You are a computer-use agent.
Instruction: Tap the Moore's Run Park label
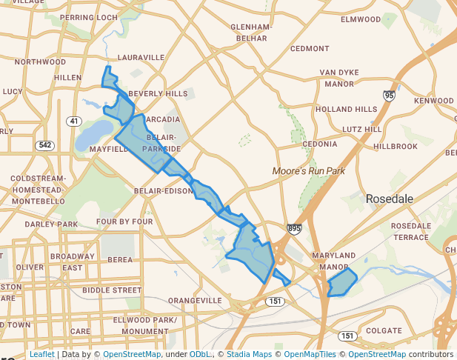point(309,171)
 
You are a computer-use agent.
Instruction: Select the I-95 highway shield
point(389,96)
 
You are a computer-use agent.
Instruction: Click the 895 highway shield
point(295,230)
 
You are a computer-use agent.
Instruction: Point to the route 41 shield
point(73,121)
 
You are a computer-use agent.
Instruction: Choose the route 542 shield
point(45,145)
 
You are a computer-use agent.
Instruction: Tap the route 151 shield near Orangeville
point(275,301)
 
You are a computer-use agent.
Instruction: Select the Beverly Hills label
point(158,94)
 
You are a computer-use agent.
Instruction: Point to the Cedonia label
point(320,144)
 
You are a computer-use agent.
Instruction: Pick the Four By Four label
point(124,221)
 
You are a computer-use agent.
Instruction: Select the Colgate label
point(383,330)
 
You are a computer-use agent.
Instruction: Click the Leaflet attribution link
point(42,354)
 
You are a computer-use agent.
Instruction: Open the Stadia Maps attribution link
point(250,354)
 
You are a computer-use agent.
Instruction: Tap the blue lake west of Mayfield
point(89,136)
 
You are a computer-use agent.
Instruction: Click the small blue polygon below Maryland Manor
point(341,284)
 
